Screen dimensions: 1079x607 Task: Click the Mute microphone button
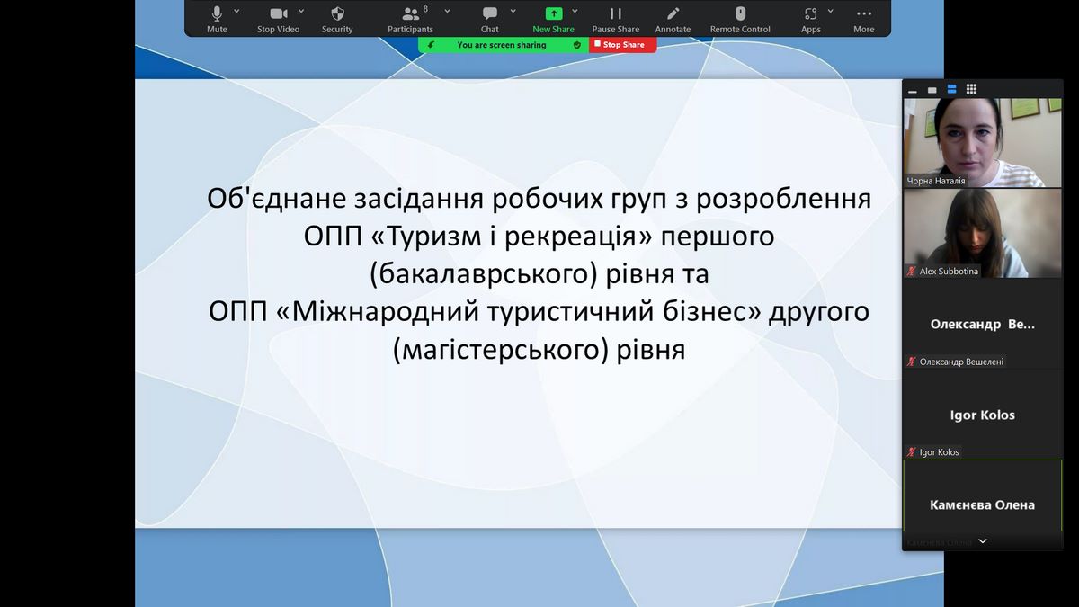coord(217,19)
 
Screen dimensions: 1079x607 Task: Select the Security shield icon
coord(338,13)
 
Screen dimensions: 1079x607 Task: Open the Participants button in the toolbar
coord(410,19)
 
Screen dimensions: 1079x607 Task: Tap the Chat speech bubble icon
coord(490,13)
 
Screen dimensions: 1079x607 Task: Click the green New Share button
coord(554,19)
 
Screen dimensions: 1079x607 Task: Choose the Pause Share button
coord(616,19)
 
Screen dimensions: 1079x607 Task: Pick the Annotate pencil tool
coord(673,13)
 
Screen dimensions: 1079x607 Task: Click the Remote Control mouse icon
coord(740,13)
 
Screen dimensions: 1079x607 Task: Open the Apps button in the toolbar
coord(811,19)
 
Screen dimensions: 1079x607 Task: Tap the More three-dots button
coord(864,19)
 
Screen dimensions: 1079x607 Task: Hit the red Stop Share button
coord(623,45)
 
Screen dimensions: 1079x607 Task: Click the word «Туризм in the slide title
coord(427,236)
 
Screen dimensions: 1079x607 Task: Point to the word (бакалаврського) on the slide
coord(484,273)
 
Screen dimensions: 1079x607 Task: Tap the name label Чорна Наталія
coord(936,181)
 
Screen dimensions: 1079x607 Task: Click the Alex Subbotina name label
coord(949,272)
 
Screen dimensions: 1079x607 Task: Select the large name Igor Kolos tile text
coord(982,415)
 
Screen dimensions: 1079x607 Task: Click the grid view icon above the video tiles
coord(972,89)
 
